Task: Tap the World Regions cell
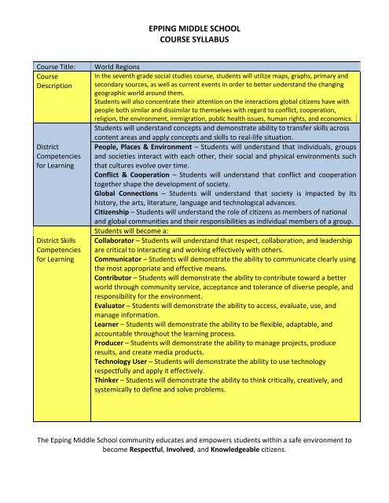coord(119,68)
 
